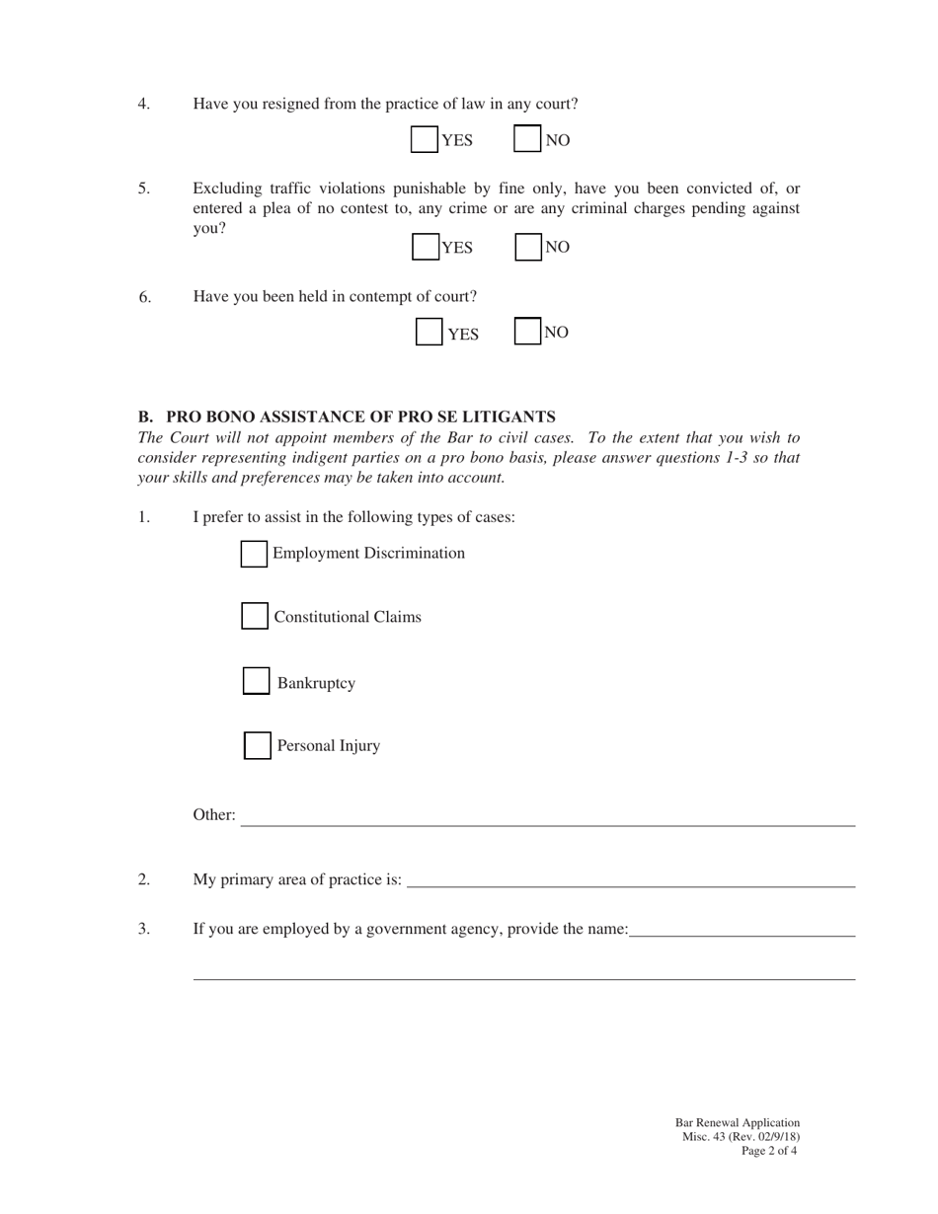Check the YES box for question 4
425,140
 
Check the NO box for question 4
527,139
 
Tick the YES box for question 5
426,247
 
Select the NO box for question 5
528,246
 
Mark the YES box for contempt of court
429,333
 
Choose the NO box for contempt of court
528,332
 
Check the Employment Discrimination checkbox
254,554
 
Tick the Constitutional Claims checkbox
255,617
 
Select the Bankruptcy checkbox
257,682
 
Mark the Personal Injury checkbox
258,745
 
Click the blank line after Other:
548,817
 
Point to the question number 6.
145,297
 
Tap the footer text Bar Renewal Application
738,1123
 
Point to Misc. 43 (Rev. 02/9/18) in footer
741,1137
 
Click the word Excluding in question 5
227,189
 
